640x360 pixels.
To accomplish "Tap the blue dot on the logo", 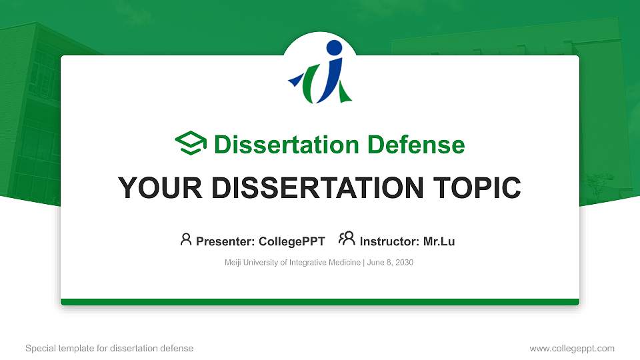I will (x=334, y=48).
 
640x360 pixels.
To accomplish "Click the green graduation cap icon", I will (x=191, y=143).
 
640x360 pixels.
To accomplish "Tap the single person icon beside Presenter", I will (x=186, y=239).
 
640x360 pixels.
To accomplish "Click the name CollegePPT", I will (x=291, y=241).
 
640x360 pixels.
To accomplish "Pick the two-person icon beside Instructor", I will (x=347, y=239).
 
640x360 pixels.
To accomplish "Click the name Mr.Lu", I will (x=439, y=241).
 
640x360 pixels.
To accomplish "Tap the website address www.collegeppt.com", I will (x=571, y=348).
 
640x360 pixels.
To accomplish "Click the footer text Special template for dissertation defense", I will (x=109, y=348).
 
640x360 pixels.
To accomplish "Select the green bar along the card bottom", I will (x=319, y=302).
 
